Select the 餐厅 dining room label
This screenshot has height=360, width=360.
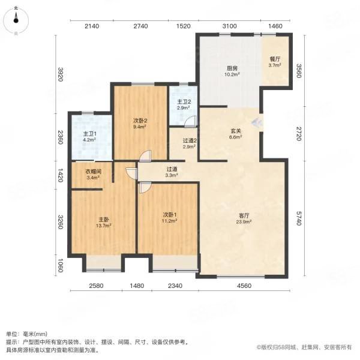tap(275, 59)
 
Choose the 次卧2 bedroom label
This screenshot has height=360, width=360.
tap(140, 120)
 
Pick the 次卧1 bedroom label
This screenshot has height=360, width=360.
tap(168, 214)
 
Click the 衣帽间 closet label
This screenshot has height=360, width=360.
tap(92, 171)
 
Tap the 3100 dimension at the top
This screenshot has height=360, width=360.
tap(230, 26)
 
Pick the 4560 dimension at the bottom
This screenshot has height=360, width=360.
tap(243, 285)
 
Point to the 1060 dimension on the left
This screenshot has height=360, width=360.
tap(60, 264)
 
